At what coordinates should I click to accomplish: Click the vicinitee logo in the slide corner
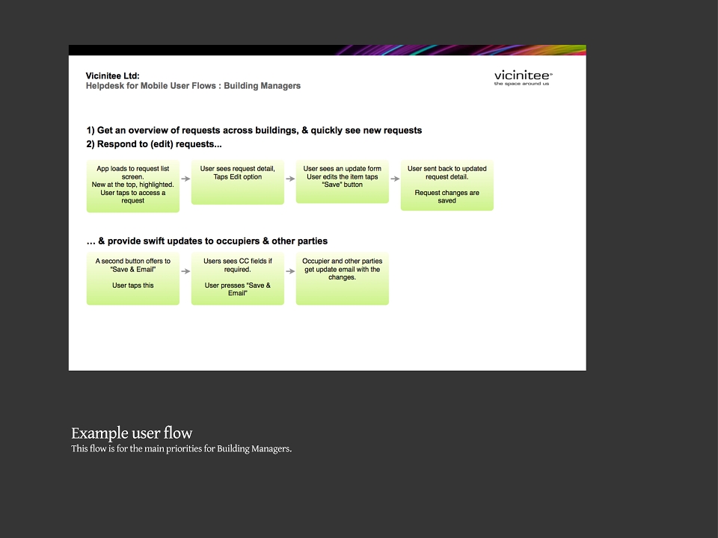[524, 78]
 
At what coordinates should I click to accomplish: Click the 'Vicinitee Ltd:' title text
[113, 76]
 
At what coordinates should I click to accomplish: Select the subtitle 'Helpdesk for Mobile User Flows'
[150, 86]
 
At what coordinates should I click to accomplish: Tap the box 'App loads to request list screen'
[133, 186]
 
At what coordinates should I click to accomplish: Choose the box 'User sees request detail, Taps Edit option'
[238, 182]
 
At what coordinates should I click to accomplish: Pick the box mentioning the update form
[343, 182]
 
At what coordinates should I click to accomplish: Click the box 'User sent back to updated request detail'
[447, 185]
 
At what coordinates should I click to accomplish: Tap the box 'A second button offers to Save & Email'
[133, 279]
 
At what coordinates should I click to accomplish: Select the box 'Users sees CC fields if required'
[238, 279]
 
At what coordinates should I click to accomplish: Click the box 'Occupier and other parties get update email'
[343, 279]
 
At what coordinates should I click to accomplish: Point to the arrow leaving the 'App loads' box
[185, 179]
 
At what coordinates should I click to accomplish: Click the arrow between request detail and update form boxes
[290, 179]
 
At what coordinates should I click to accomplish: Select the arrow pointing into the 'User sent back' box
[395, 179]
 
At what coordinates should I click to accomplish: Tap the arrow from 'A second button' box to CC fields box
[185, 271]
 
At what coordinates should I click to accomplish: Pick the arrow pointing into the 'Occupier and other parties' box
[290, 271]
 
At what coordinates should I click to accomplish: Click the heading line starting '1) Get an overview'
[254, 131]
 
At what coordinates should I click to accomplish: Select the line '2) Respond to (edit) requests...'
[154, 144]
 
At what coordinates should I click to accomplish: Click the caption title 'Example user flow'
[132, 433]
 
